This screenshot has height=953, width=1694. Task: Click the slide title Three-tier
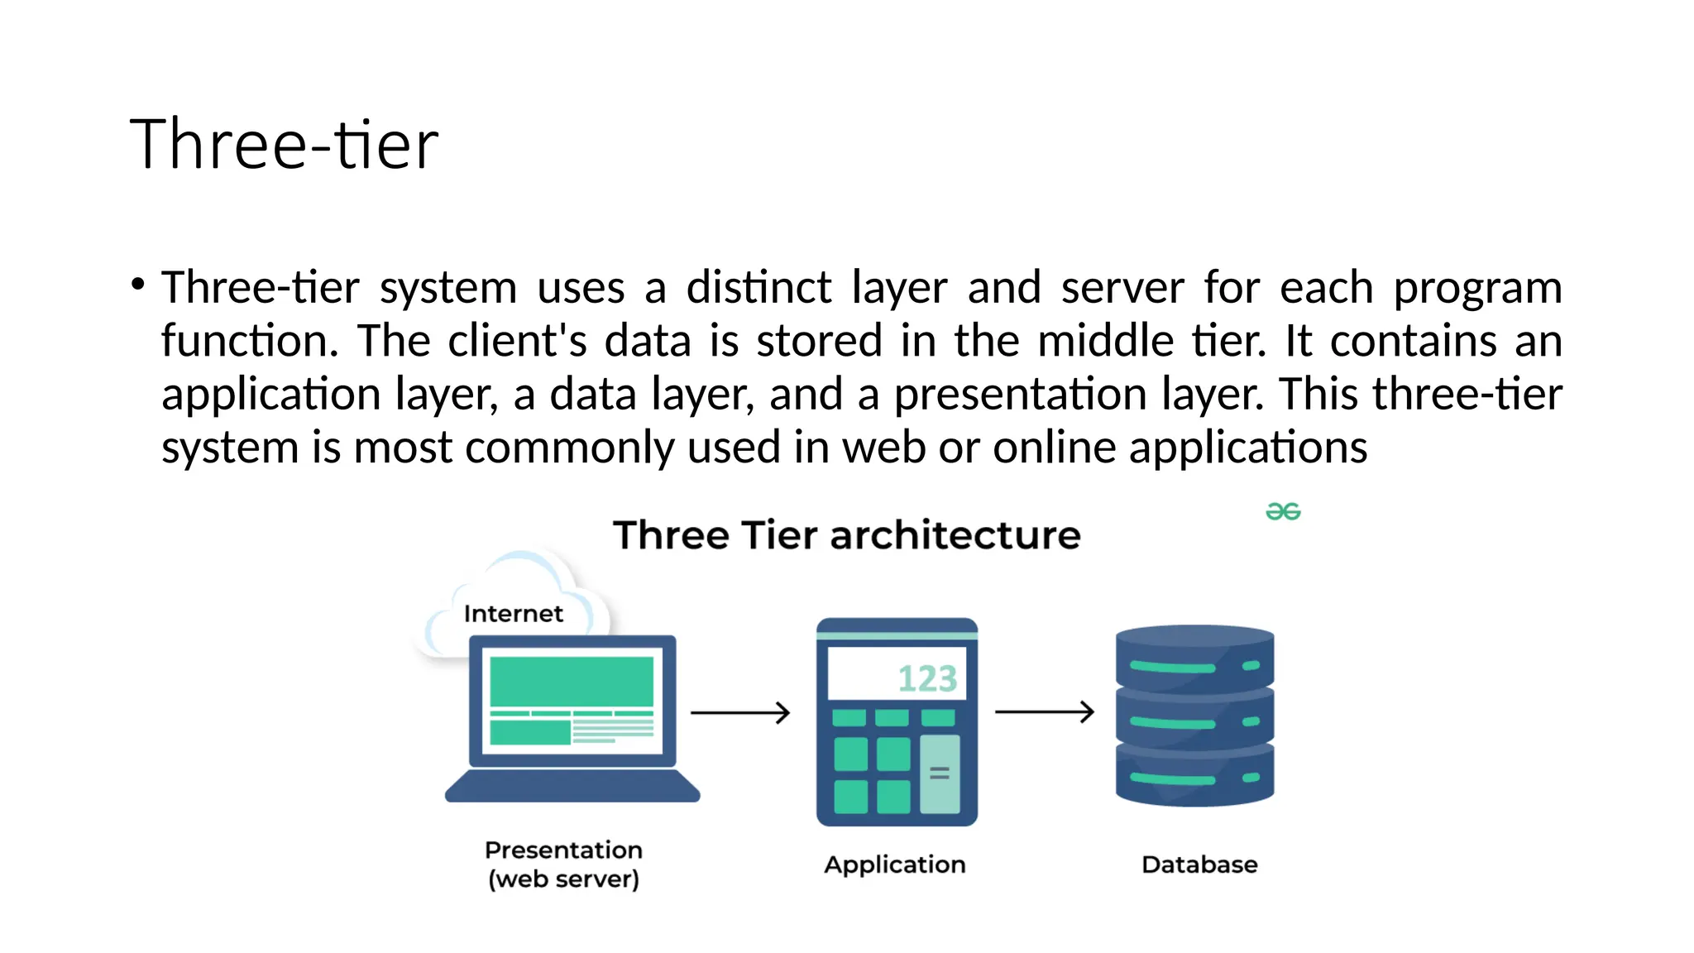284,144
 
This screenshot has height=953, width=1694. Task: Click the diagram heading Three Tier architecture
846,535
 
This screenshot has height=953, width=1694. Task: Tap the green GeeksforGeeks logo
1283,512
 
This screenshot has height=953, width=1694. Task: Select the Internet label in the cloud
513,614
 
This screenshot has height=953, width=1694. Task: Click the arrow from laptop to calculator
740,712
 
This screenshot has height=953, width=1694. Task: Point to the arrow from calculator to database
1044,711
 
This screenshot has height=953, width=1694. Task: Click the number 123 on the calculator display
927,679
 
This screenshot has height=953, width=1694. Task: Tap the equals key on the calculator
940,773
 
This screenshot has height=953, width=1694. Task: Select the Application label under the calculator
894,864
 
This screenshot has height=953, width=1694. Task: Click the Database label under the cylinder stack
1199,864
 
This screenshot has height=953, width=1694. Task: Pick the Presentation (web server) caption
563,864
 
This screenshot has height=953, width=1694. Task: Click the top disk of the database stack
1194,658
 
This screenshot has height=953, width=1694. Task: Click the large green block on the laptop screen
572,681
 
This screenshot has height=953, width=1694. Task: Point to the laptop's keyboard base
572,786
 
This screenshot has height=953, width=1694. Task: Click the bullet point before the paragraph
138,285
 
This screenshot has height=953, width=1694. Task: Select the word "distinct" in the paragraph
758,288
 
